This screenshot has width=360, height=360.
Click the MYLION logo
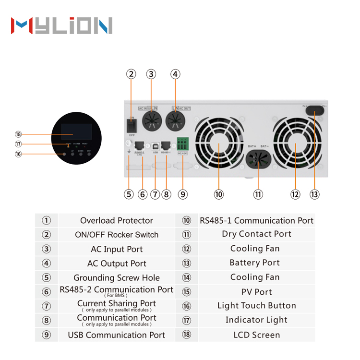pos(61,26)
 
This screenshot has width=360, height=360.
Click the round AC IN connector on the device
pos(151,120)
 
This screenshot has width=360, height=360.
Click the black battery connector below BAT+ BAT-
pos(258,160)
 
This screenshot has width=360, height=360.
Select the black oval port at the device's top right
pos(314,111)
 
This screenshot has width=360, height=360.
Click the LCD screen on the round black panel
pos(76,132)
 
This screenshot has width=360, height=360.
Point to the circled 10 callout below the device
pos(219,194)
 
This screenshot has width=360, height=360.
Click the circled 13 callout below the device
pos(314,194)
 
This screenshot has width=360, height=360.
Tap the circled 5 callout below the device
pos(129,194)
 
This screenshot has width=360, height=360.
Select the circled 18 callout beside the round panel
pos(18,134)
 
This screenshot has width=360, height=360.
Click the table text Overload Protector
pos(117,221)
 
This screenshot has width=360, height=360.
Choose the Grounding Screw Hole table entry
pos(117,278)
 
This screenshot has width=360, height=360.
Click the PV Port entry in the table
pos(256,292)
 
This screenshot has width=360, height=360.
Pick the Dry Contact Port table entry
pos(256,234)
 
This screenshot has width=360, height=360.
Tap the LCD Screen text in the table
pos(256,335)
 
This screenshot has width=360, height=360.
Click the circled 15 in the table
pos(187,292)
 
